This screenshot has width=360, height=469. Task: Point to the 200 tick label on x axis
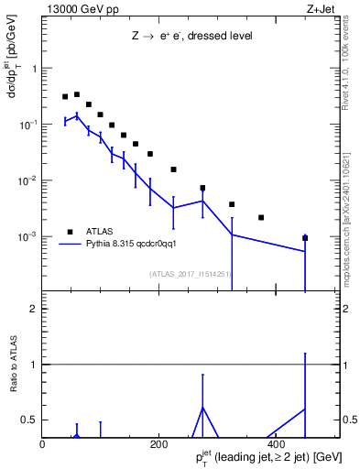(x=159, y=442)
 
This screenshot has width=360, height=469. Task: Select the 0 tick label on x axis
(x=42, y=442)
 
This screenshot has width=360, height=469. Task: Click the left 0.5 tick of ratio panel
(x=30, y=420)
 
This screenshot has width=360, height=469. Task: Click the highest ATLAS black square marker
(x=77, y=94)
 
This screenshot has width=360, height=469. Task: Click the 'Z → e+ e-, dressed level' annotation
(x=191, y=37)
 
